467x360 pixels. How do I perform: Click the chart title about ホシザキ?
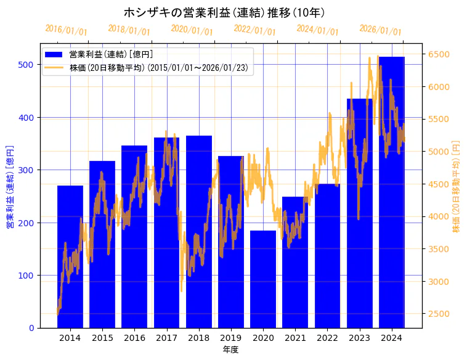point(224,12)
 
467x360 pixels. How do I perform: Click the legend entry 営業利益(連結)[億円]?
point(111,55)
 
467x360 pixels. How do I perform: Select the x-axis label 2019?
point(231,338)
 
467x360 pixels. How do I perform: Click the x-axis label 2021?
point(295,338)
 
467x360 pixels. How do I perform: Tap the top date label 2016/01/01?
point(67,30)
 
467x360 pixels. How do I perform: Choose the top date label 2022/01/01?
point(255,30)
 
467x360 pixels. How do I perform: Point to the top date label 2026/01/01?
point(380,30)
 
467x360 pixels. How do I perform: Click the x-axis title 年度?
point(231,350)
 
